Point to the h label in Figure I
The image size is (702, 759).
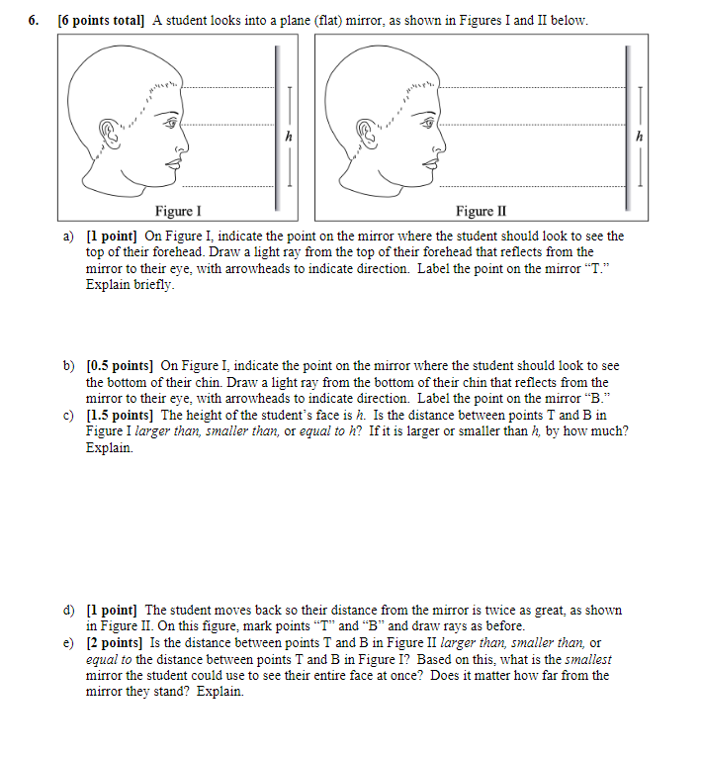[288, 137]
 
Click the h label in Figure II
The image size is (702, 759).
[640, 137]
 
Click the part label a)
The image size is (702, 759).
[69, 236]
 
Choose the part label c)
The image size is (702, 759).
[69, 415]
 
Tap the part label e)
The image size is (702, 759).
[69, 643]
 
